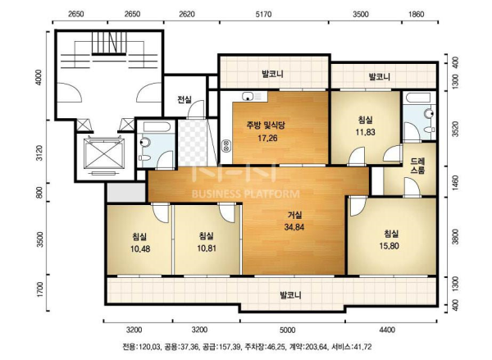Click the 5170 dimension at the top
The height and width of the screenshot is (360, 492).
263,14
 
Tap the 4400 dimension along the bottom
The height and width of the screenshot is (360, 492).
387,330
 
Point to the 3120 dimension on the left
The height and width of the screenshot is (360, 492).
39,153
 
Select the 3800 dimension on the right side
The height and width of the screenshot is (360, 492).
456,237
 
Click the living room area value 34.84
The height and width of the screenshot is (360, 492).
294,227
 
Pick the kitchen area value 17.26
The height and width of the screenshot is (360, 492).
267,138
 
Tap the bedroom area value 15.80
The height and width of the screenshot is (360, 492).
389,246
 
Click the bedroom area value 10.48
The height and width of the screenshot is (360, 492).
140,249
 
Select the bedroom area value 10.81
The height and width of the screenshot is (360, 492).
207,248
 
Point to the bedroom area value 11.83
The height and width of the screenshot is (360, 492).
365,132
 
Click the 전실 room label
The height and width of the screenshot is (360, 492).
184,100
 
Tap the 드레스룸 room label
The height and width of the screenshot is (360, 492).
417,166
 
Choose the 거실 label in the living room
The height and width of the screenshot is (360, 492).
294,215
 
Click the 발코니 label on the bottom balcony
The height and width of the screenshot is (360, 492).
290,295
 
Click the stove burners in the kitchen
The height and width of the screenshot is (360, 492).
226,145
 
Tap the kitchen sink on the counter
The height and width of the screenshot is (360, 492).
248,96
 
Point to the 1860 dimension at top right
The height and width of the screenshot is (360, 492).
417,14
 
